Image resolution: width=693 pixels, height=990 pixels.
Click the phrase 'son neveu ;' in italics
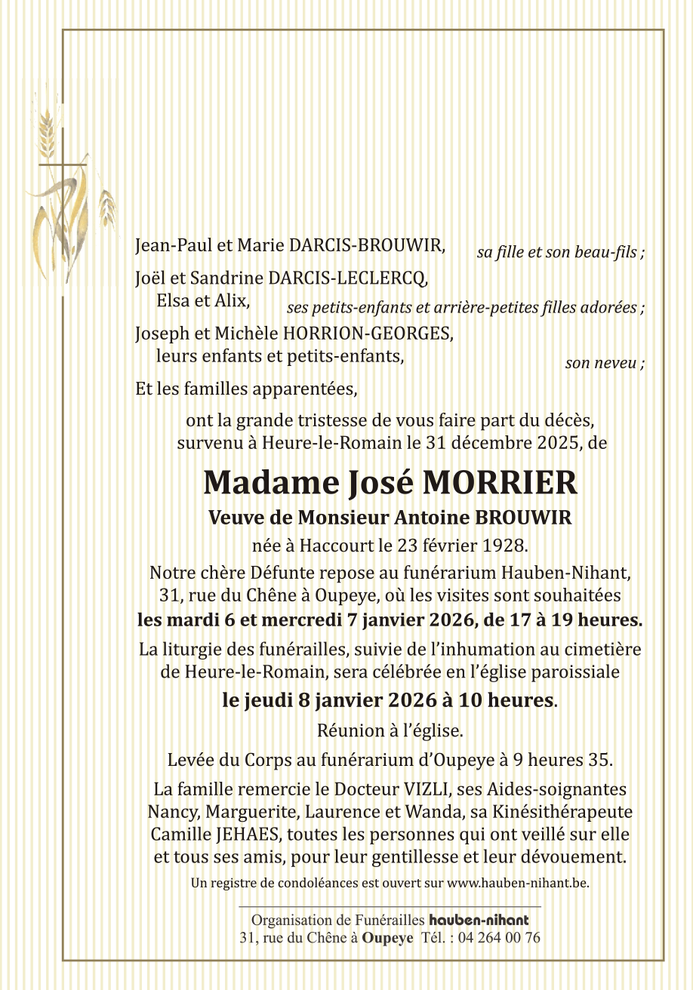tap(605, 364)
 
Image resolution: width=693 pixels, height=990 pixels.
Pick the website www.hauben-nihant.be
tap(518, 881)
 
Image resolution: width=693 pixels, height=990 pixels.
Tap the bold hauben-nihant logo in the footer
tap(479, 921)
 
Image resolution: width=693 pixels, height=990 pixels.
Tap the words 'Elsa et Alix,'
tap(203, 301)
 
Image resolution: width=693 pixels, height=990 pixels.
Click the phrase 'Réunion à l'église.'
tap(390, 731)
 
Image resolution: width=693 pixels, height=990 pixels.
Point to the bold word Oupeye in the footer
tap(387, 939)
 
